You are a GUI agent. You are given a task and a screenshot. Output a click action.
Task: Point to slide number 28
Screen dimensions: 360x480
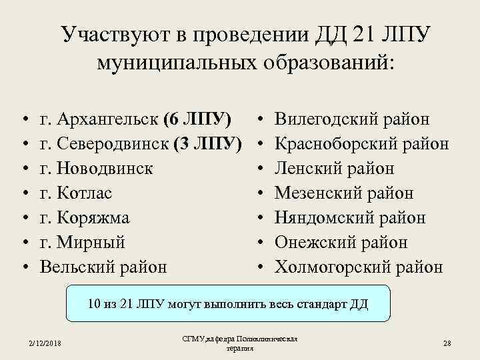tap(447, 343)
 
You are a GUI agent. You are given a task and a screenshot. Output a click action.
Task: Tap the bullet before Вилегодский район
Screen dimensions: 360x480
tap(260, 121)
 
